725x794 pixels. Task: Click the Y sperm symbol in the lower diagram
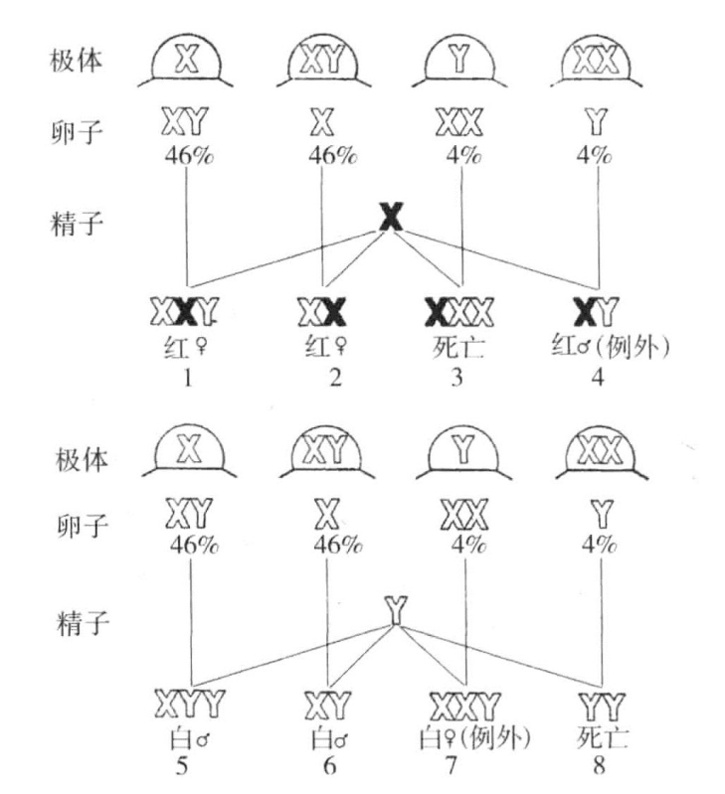395,609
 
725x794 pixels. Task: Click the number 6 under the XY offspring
328,768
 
